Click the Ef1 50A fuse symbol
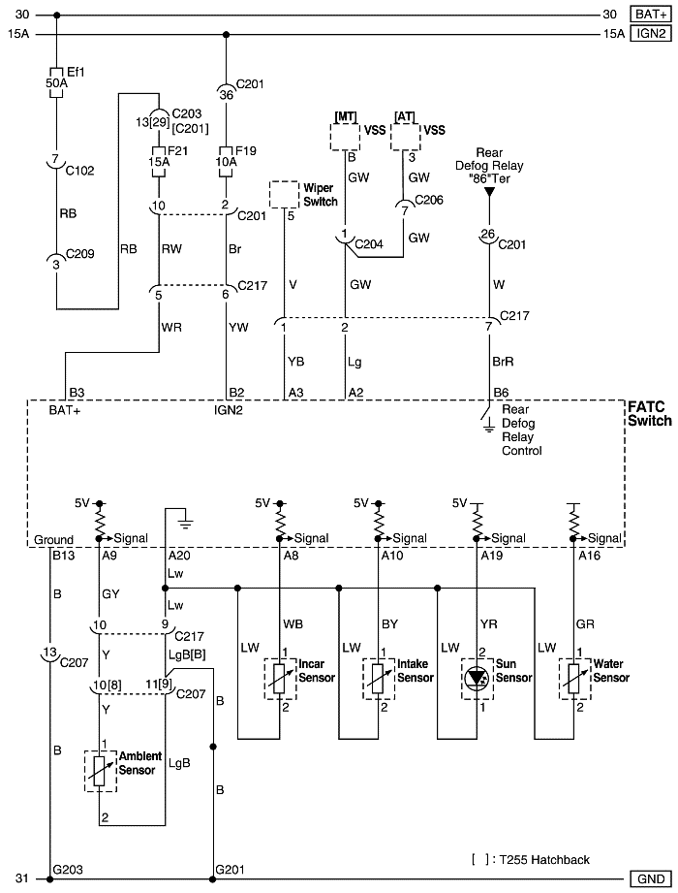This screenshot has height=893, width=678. (56, 78)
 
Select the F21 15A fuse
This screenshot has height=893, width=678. (156, 157)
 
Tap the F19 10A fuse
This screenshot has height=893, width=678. (226, 157)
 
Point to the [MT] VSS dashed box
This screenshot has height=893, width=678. (345, 137)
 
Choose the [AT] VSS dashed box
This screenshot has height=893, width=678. (406, 137)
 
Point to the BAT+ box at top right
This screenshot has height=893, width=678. (650, 15)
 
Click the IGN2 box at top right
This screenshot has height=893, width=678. (650, 34)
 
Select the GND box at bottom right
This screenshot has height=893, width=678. (650, 879)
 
